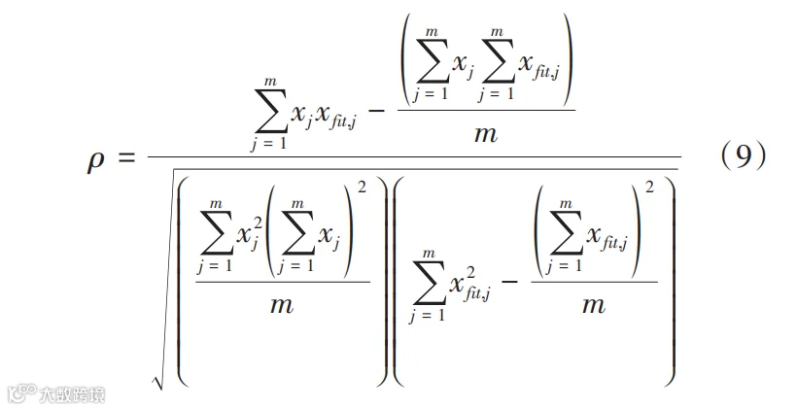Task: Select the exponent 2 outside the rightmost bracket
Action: (x=649, y=191)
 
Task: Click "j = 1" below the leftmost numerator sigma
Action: (x=271, y=143)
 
